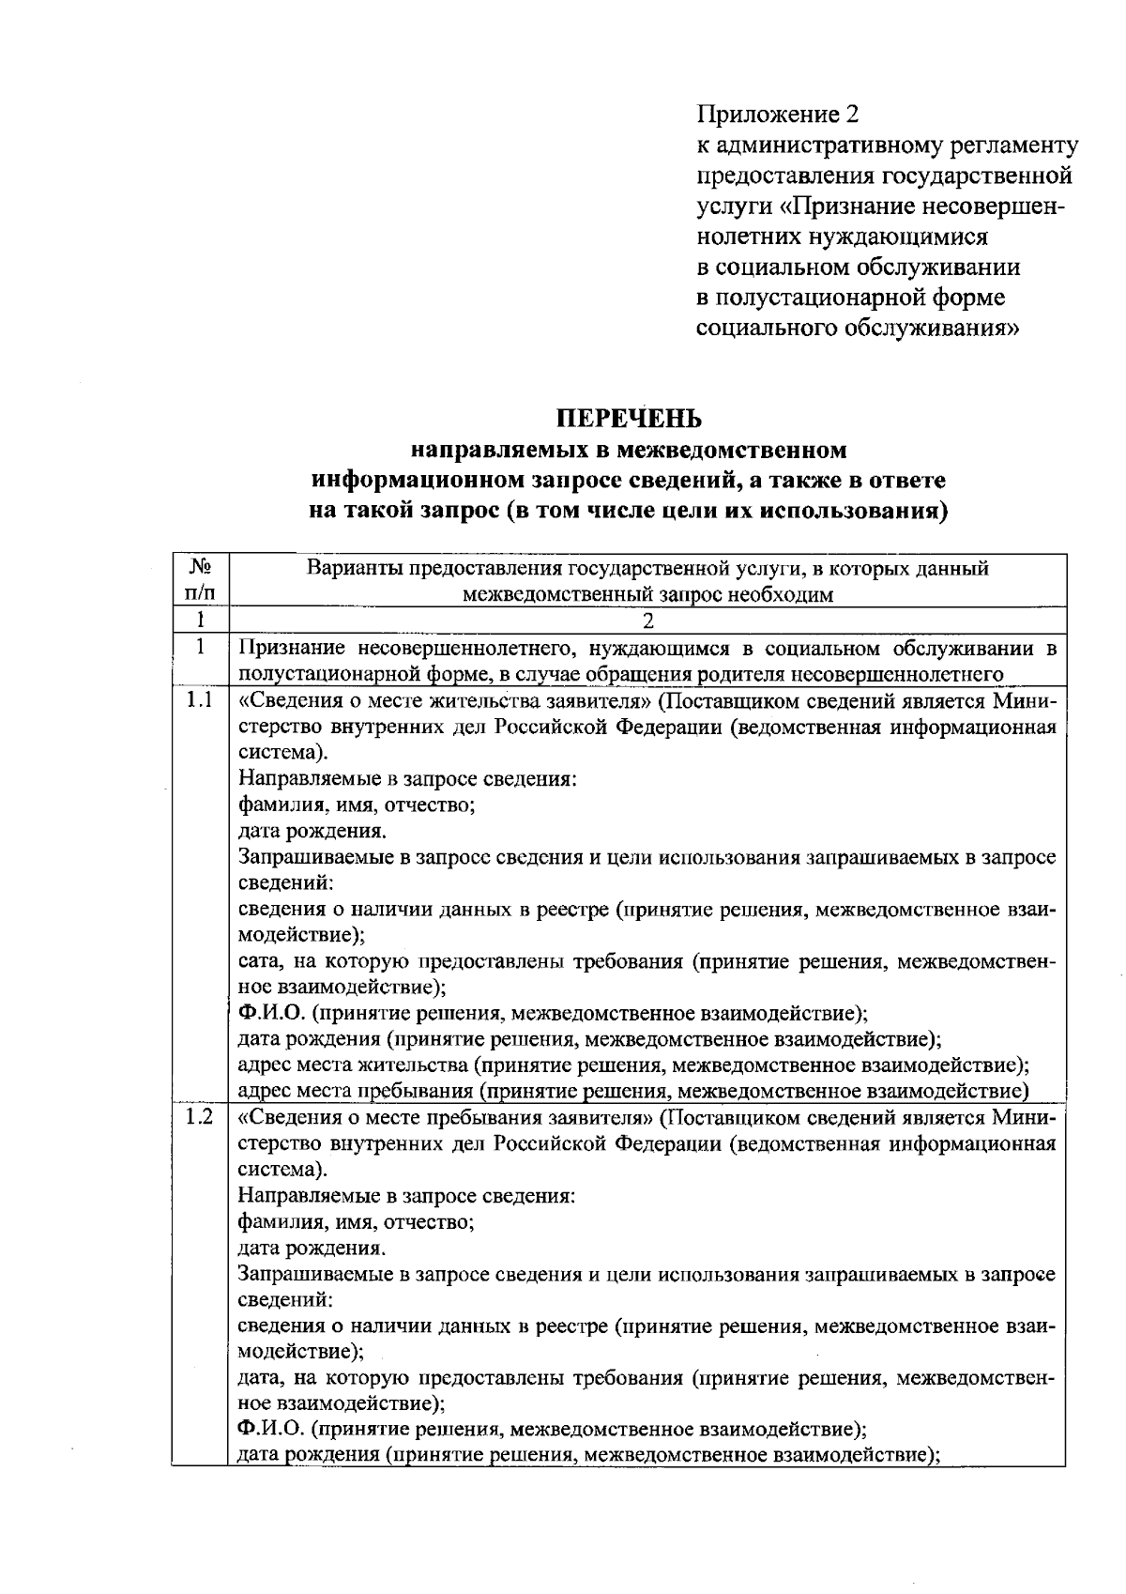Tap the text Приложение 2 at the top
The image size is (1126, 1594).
778,115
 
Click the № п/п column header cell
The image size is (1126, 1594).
199,580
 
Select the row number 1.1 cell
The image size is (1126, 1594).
199,700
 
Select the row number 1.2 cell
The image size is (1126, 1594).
199,1117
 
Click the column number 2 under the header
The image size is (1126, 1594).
647,621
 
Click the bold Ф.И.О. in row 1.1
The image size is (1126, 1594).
270,1013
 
